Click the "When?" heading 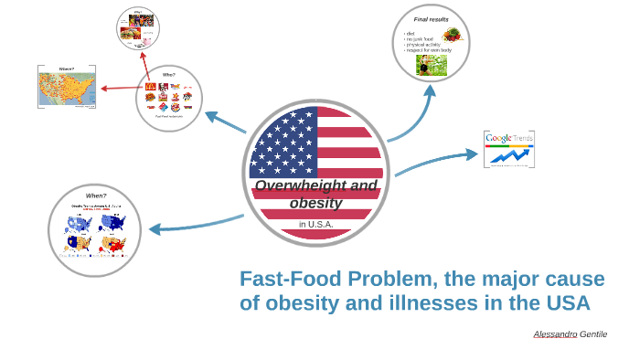[96, 196]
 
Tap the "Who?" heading [169, 75]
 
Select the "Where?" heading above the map [67, 69]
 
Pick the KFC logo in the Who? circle [163, 88]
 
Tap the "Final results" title [431, 19]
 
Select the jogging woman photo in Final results [426, 64]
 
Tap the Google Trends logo [509, 139]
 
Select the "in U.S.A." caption [315, 224]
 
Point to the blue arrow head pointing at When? [155, 228]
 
